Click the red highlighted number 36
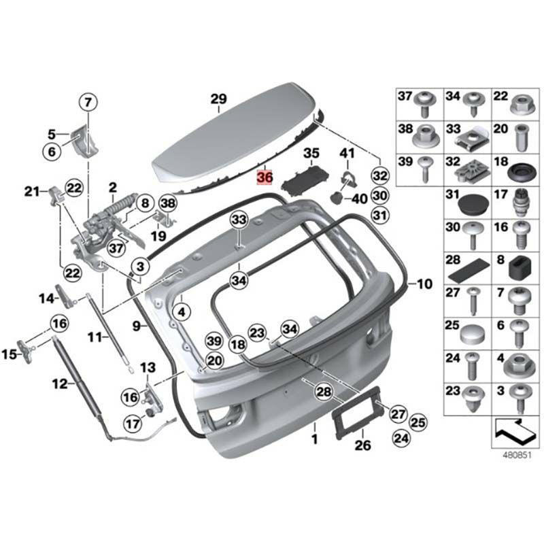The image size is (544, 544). coord(265,177)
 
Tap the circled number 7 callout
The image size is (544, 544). coord(88,102)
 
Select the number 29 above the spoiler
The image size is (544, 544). coord(219,99)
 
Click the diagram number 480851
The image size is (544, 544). coord(517,455)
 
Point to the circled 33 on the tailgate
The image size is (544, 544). coord(240,220)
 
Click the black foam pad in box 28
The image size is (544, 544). coord(469,270)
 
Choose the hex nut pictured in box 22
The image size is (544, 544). coord(522,104)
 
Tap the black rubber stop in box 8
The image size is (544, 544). coord(520,267)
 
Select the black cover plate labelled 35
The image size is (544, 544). coord(305,177)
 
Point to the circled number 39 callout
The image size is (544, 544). coord(214,341)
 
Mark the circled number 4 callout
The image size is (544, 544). coord(182,312)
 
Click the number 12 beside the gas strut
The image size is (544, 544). coord(60,384)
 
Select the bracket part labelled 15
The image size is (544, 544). coord(27,352)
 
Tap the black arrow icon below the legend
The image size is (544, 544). coord(515,432)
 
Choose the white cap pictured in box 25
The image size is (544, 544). coord(472,334)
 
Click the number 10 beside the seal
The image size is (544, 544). coord(424,284)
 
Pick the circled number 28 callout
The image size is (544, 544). coord(324,392)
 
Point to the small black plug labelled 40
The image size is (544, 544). coord(335,198)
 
